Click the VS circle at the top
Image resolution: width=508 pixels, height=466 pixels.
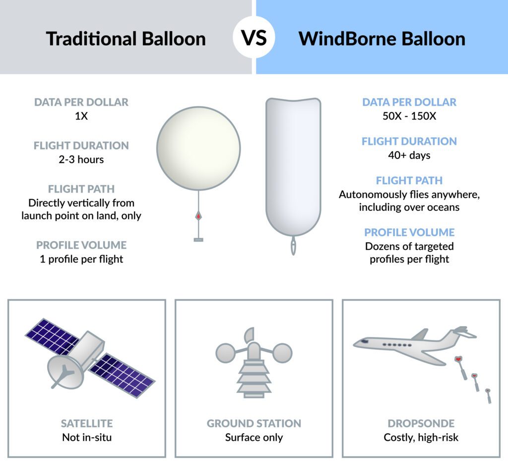pyautogui.click(x=254, y=38)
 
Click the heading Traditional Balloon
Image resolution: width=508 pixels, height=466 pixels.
pyautogui.click(x=126, y=38)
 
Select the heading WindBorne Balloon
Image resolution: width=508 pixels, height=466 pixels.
pyautogui.click(x=381, y=38)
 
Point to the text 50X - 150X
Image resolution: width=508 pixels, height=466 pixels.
pyautogui.click(x=409, y=116)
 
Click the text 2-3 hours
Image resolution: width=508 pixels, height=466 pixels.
pyautogui.click(x=81, y=160)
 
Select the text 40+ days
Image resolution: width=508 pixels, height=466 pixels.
pyautogui.click(x=409, y=155)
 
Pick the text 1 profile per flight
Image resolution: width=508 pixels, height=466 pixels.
pyautogui.click(x=81, y=259)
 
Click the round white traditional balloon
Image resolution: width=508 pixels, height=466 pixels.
pyautogui.click(x=198, y=147)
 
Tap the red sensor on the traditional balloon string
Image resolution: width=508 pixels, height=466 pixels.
pyautogui.click(x=198, y=216)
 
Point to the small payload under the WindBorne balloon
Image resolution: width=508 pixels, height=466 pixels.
pyautogui.click(x=294, y=245)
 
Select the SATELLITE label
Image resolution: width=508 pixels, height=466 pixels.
pyautogui.click(x=87, y=423)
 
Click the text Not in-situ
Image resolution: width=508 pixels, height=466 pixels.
pyautogui.click(x=87, y=437)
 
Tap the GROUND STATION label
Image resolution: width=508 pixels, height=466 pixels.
pyautogui.click(x=254, y=423)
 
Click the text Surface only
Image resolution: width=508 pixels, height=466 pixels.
pyautogui.click(x=254, y=437)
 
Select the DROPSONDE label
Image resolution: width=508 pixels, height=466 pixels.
pyautogui.click(x=421, y=423)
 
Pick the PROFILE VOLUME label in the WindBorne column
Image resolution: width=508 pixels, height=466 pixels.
pyautogui.click(x=409, y=232)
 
